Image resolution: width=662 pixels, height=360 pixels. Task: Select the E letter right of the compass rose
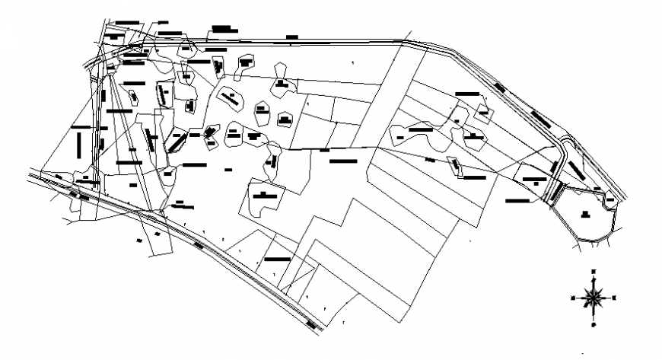pyautogui.click(x=615, y=297)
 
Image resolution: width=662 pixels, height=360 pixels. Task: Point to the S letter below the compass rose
pyautogui.click(x=594, y=323)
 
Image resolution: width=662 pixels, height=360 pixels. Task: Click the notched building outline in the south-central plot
pyautogui.click(x=263, y=199)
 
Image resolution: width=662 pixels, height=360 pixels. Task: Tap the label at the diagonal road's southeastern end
pyautogui.click(x=313, y=325)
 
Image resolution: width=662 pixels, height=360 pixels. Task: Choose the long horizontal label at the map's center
pyautogui.click(x=343, y=161)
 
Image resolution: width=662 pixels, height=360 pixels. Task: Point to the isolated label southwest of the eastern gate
pyautogui.click(x=518, y=201)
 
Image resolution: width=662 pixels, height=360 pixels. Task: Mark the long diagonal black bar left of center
pyautogui.click(x=177, y=142)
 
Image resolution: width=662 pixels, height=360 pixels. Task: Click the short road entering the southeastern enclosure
pyautogui.click(x=555, y=193)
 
